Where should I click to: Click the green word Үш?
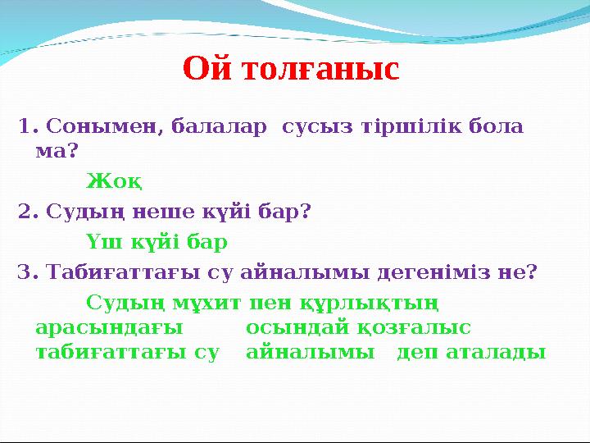tap(103, 243)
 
